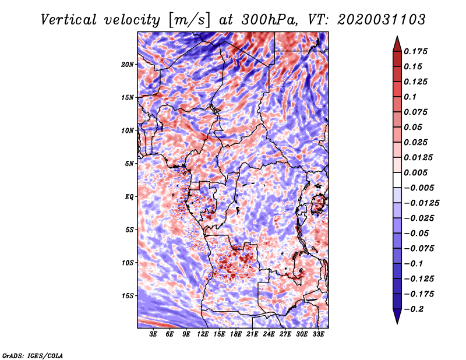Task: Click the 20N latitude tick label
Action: (x=128, y=64)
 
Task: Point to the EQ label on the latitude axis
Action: (x=130, y=197)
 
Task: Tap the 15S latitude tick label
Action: (x=128, y=296)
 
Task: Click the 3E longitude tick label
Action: (x=154, y=334)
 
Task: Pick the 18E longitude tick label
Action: (x=236, y=334)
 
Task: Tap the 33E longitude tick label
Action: (x=319, y=334)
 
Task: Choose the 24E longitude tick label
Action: (x=269, y=334)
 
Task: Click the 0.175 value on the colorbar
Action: (x=417, y=51)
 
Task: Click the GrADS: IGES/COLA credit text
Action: (x=33, y=355)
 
